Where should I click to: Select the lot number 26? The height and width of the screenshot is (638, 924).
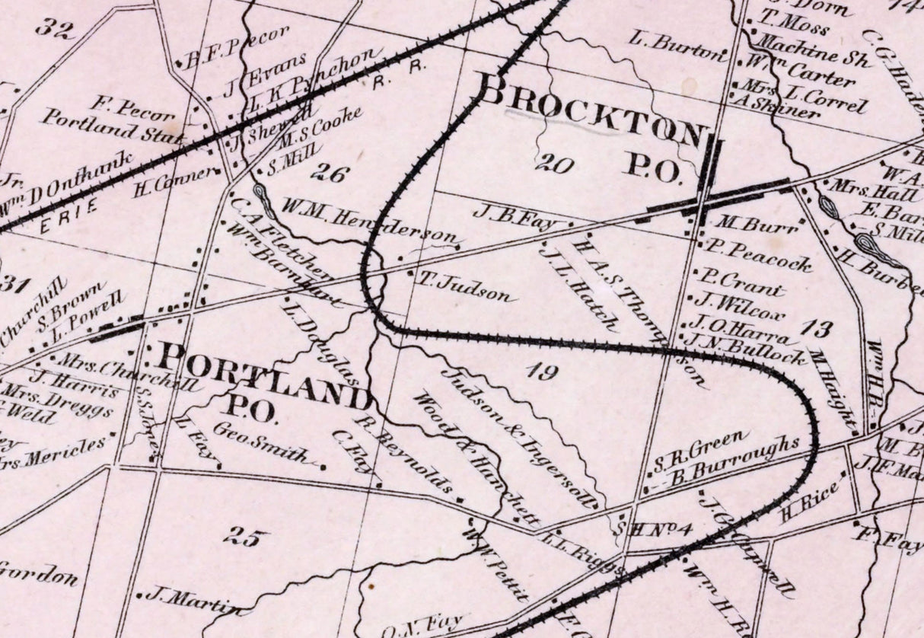pos(330,173)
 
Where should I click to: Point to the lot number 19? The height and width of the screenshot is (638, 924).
pos(541,372)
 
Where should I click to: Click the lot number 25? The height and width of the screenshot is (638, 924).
pos(247,537)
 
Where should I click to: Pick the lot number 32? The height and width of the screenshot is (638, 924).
pos(55,30)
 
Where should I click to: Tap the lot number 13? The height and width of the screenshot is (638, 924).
pos(817,329)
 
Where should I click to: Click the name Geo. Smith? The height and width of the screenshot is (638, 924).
pos(263,443)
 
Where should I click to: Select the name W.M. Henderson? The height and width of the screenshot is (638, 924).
pos(368,222)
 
